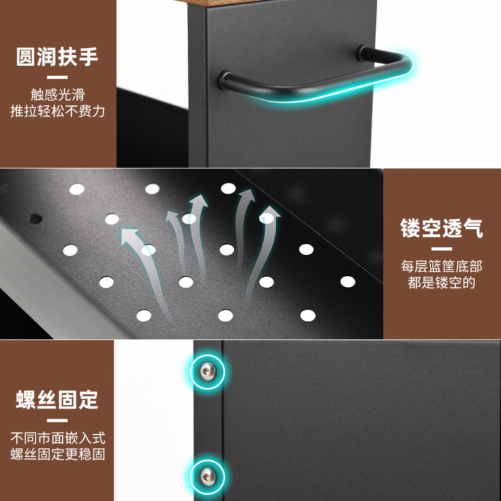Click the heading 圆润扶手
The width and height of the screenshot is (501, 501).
[x=58, y=57]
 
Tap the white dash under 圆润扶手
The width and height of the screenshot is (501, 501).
[x=58, y=77]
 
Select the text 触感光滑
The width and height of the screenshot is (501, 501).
[x=58, y=95]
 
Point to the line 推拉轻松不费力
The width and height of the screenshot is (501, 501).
[x=58, y=111]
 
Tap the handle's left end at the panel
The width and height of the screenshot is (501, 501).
[x=224, y=80]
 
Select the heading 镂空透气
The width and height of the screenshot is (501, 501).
[x=442, y=228]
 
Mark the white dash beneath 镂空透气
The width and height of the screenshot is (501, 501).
[x=442, y=249]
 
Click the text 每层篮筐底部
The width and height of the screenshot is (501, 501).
[x=442, y=266]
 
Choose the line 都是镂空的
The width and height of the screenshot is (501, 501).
[x=442, y=282]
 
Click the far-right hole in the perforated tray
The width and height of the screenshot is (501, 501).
[x=348, y=281]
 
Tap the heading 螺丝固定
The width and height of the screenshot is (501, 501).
[x=58, y=399]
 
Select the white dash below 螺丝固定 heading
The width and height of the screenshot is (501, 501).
[x=58, y=420]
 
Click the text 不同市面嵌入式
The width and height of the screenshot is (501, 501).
[x=58, y=437]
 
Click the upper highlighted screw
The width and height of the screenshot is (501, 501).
[x=207, y=373]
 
